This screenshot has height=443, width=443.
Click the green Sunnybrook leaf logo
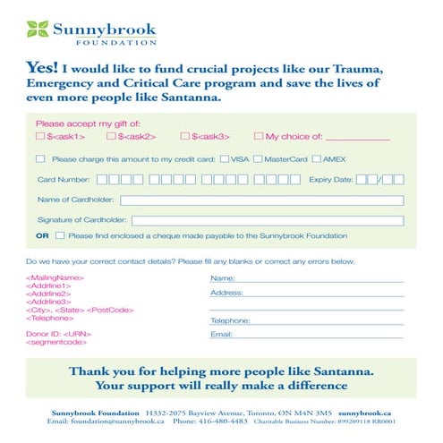click(x=38, y=29)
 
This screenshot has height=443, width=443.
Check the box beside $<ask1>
click(x=40, y=136)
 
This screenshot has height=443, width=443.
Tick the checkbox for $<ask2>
click(x=111, y=136)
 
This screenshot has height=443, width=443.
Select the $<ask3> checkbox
click(x=184, y=136)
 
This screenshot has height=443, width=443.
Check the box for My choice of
click(x=259, y=136)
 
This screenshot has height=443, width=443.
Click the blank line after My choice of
click(x=358, y=139)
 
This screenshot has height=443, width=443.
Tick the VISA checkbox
click(x=224, y=158)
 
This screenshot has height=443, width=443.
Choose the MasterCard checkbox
click(x=258, y=158)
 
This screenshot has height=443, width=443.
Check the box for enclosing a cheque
click(x=60, y=236)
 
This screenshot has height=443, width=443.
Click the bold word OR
click(x=42, y=236)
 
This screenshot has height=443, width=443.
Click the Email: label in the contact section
click(x=221, y=335)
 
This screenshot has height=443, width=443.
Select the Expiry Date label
click(x=330, y=179)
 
